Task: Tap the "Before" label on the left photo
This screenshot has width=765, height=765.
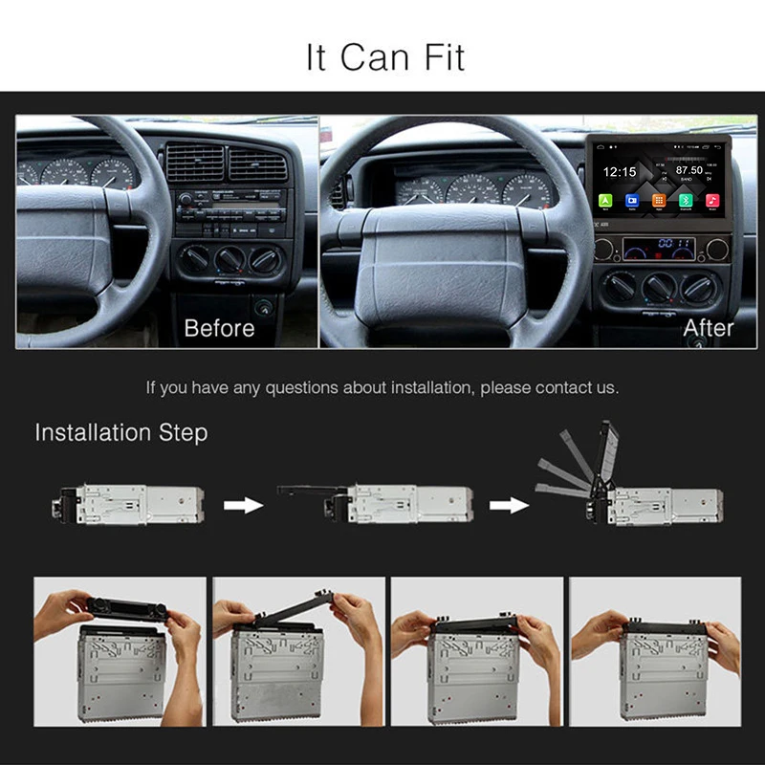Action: tap(219, 328)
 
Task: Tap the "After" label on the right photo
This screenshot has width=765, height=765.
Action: tap(709, 328)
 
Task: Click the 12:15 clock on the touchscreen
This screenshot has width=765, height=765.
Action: tap(620, 172)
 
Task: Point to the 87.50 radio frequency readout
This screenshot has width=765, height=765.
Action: tap(688, 170)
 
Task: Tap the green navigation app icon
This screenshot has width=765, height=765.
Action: tap(606, 201)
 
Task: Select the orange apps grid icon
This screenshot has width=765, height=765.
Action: tap(659, 201)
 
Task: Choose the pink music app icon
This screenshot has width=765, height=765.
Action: tap(712, 201)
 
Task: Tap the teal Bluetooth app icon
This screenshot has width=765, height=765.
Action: tap(686, 201)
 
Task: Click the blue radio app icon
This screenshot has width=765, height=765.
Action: tap(632, 201)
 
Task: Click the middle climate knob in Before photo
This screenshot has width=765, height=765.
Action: tap(229, 259)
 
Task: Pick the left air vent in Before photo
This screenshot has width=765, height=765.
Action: tap(194, 164)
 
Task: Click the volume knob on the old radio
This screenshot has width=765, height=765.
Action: tap(185, 199)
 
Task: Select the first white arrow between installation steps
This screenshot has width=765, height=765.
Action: tap(243, 504)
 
